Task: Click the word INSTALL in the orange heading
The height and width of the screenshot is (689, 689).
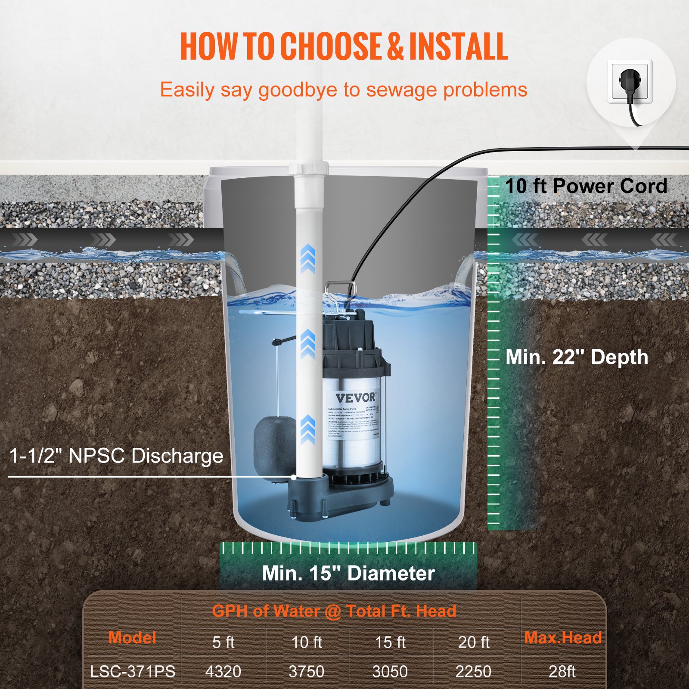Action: point(458,47)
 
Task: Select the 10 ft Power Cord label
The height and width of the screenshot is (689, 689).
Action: point(586,186)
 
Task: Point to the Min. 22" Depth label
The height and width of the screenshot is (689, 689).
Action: point(577,357)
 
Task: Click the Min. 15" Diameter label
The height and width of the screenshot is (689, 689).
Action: point(348,574)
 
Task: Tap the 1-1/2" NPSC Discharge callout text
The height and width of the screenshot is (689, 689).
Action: point(116,456)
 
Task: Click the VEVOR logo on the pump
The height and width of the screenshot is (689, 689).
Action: point(355,397)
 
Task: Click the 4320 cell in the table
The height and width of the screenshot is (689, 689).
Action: point(223,672)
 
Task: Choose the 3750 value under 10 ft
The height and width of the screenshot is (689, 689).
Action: point(306,672)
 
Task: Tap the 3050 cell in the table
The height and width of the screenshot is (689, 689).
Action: point(390,672)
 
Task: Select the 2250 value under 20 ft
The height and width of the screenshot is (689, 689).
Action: point(473,672)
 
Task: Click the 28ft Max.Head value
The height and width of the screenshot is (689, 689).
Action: point(562,672)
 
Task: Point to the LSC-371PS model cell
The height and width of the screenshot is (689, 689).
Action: point(133,672)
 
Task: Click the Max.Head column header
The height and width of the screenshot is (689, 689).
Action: point(563,638)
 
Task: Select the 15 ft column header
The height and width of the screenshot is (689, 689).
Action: point(390,642)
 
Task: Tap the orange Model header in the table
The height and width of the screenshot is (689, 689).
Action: point(132,638)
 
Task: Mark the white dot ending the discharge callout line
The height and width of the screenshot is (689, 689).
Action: point(294,477)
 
